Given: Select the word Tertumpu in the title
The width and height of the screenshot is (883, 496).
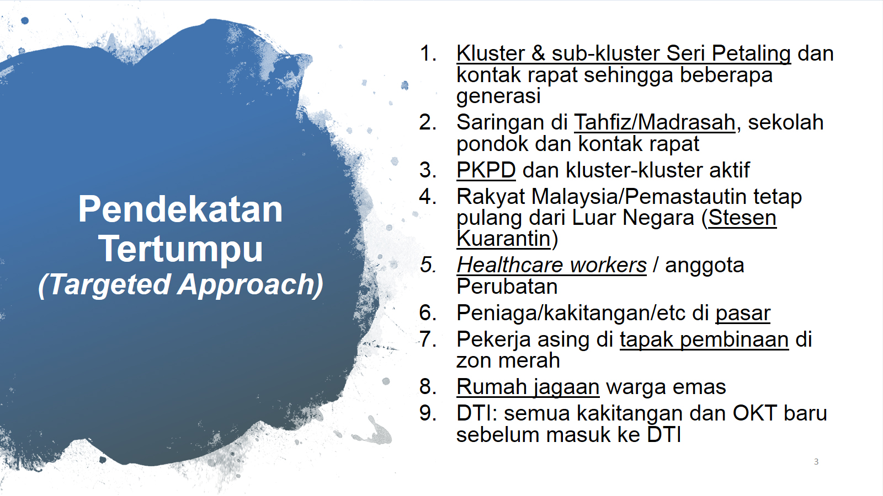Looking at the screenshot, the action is pyautogui.click(x=180, y=249).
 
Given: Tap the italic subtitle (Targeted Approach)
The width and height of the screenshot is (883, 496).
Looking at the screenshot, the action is pyautogui.click(x=180, y=284).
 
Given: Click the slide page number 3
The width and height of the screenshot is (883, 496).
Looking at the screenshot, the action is pyautogui.click(x=816, y=461).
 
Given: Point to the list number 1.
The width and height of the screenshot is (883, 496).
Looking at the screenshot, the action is pyautogui.click(x=428, y=53).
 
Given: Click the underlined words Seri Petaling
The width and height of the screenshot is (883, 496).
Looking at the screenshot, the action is pyautogui.click(x=728, y=53).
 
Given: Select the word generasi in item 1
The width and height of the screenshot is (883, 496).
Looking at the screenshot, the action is pyautogui.click(x=498, y=96).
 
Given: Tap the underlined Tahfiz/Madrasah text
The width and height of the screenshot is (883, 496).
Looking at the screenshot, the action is pyautogui.click(x=655, y=122).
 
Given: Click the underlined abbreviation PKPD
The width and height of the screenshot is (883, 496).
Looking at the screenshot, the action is pyautogui.click(x=486, y=170).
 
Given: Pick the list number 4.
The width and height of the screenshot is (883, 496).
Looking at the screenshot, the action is pyautogui.click(x=428, y=196).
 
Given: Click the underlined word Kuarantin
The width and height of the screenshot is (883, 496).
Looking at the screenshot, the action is pyautogui.click(x=503, y=239).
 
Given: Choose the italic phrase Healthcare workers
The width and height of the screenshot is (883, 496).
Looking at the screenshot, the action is pyautogui.click(x=551, y=265).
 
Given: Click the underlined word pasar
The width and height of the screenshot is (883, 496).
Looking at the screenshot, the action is pyautogui.click(x=743, y=314).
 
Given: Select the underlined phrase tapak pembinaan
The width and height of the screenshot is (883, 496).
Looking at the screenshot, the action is pyautogui.click(x=704, y=339).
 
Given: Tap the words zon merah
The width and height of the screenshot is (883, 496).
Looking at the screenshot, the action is pyautogui.click(x=508, y=360).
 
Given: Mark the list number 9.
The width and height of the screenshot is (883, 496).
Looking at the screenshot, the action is pyautogui.click(x=428, y=413).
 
